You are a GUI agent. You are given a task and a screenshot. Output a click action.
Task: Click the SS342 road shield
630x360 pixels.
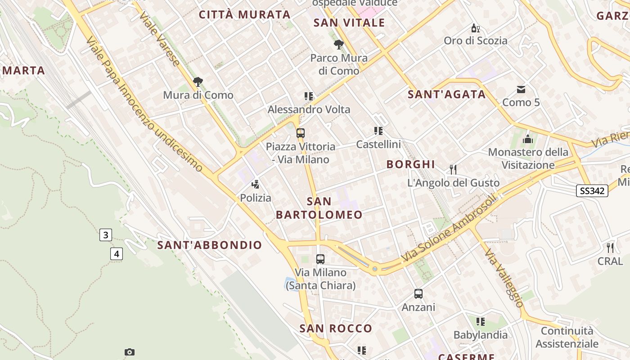click(x=592, y=191)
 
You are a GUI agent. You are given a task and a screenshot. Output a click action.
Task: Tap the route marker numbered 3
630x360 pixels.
click(x=106, y=235)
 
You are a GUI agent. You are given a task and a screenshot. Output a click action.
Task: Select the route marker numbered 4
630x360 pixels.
click(x=117, y=254)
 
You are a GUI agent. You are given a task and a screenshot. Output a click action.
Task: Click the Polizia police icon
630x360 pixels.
click(x=256, y=184)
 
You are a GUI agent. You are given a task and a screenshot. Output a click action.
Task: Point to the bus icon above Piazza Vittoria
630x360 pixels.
click(x=301, y=133)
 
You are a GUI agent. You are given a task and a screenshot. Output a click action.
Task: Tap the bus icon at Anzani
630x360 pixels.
click(x=418, y=294)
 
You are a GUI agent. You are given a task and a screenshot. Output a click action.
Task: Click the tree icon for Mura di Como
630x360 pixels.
click(x=198, y=82)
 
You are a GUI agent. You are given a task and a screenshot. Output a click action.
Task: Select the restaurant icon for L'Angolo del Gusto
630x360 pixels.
click(x=453, y=170)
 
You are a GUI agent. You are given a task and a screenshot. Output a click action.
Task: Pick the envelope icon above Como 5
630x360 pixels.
click(x=521, y=89)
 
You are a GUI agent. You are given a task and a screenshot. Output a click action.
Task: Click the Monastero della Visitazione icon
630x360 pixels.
click(x=528, y=139)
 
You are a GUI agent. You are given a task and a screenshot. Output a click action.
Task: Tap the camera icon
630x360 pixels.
click(x=130, y=352)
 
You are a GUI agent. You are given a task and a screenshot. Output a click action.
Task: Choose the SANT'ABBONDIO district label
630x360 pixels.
click(x=210, y=245)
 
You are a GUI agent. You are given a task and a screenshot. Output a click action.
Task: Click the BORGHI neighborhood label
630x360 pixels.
click(x=411, y=164)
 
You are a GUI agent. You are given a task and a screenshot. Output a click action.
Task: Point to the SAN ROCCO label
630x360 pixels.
click(x=336, y=328)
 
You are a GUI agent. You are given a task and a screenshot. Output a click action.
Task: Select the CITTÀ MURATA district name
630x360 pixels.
click(x=245, y=15)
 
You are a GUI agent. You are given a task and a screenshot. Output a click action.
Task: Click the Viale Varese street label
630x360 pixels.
click(x=160, y=38)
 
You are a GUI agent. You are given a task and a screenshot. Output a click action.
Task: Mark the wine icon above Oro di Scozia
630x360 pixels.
click(x=475, y=28)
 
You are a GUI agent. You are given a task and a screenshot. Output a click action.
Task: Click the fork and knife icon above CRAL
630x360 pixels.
click(x=610, y=247)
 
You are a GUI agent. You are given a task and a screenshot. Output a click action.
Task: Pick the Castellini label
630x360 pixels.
click(x=378, y=144)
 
